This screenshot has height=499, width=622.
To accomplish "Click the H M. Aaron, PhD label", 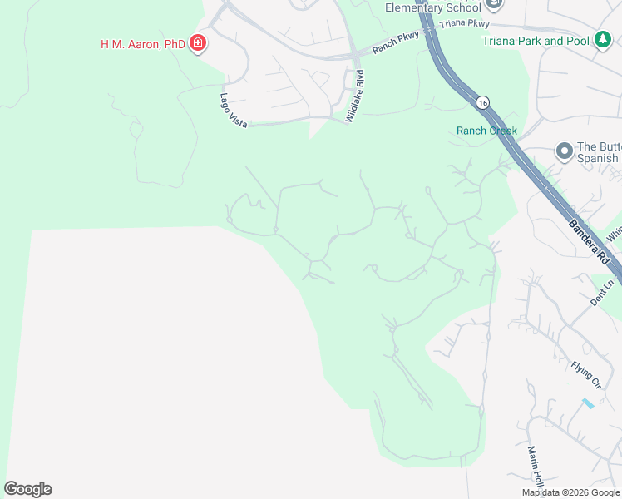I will tap(142, 43).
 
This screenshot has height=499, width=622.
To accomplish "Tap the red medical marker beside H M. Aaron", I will tap(197, 43).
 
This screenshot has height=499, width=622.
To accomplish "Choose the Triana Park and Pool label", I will tap(536, 41).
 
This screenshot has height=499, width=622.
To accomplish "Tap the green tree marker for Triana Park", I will tap(602, 40).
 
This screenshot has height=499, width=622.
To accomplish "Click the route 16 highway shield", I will tap(483, 102).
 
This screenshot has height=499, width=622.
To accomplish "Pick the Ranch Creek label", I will tap(486, 131).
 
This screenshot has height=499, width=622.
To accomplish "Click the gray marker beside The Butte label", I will tap(564, 151).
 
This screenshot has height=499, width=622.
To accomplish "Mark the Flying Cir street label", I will tap(585, 374).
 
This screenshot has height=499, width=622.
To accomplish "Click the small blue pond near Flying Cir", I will tap(589, 403).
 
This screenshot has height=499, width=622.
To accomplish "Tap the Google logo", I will tap(27, 489).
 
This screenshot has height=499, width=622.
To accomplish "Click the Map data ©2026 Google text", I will tap(571, 492).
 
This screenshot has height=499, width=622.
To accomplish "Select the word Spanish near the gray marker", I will tap(598, 158).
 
